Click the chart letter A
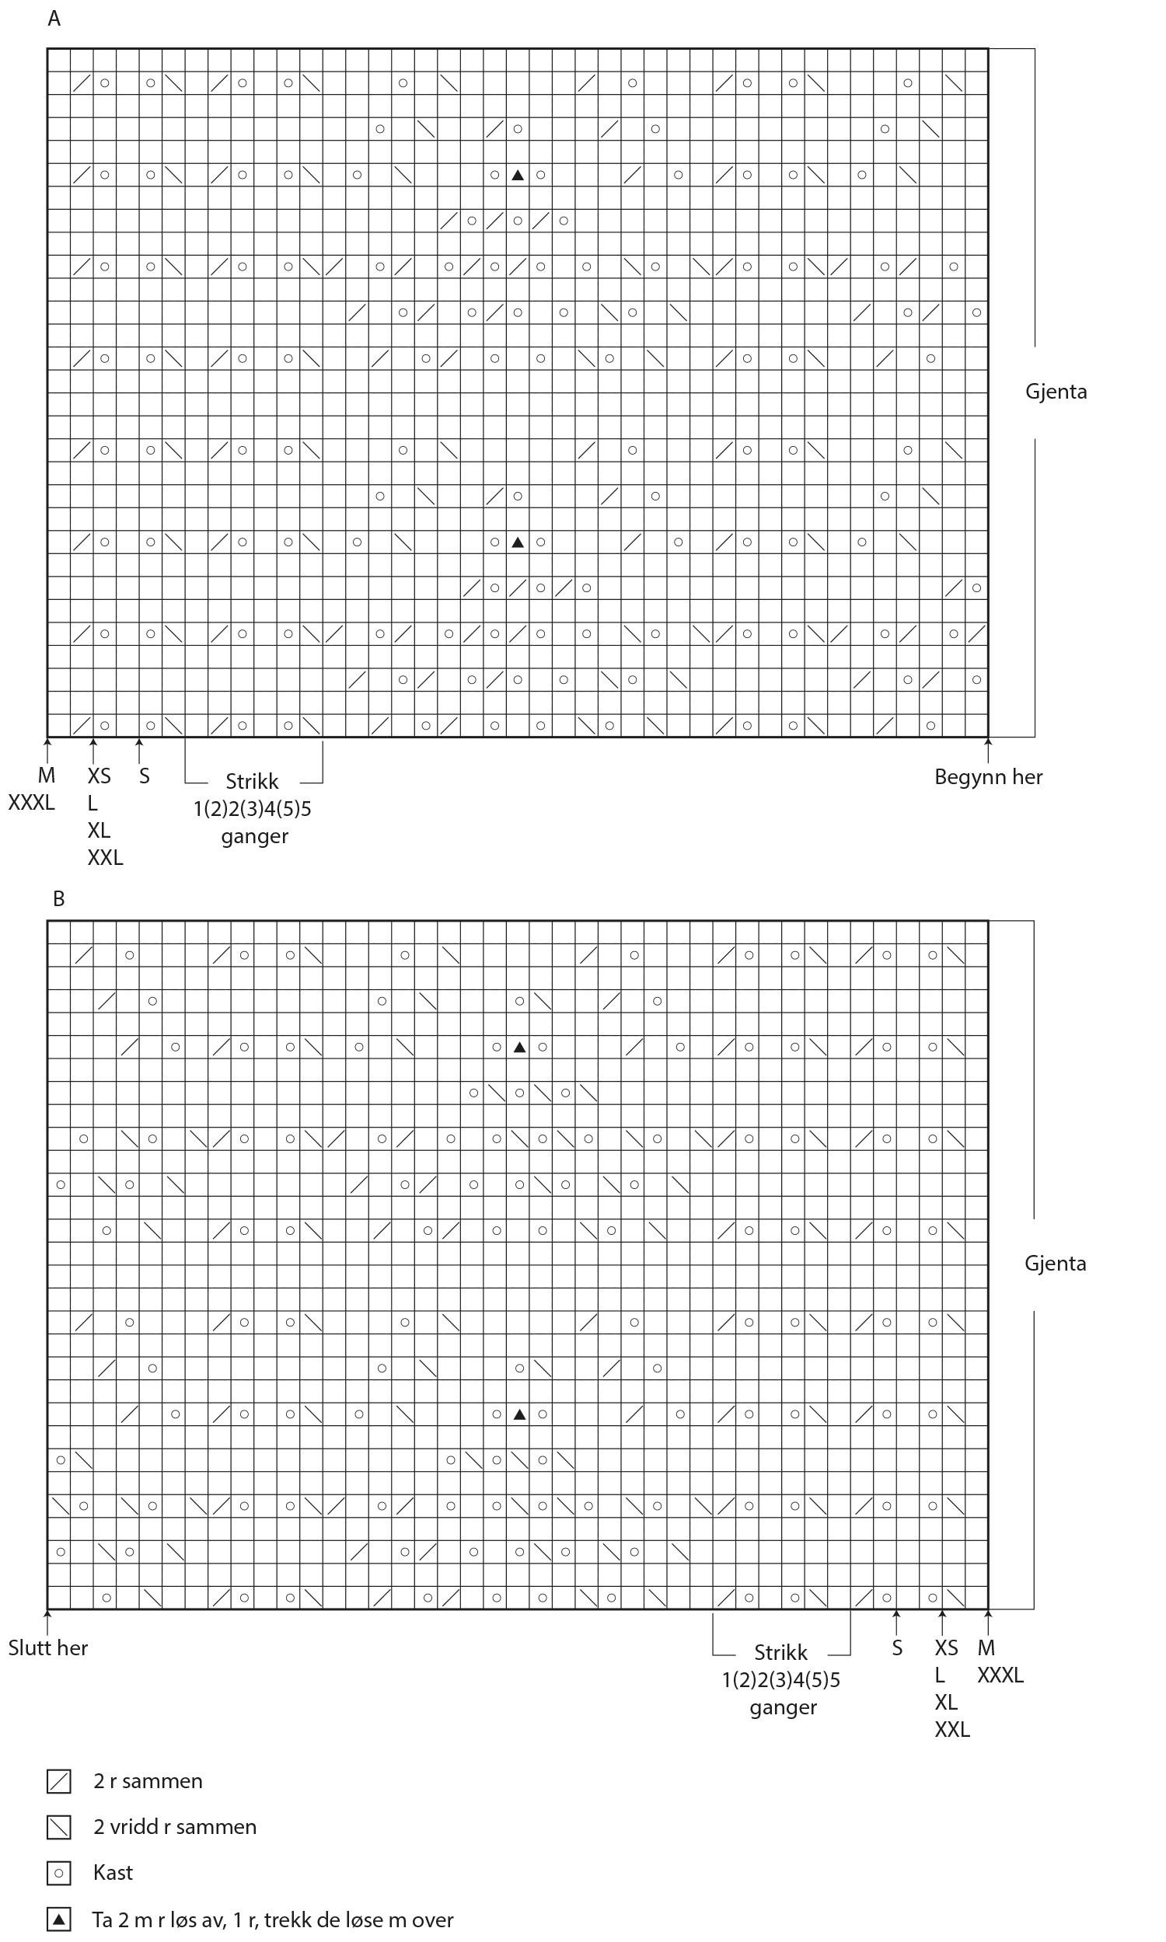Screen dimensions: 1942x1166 [54, 18]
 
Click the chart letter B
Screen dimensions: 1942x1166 [58, 898]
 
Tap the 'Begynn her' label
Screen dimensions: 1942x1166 [988, 776]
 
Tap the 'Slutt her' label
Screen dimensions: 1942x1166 [48, 1647]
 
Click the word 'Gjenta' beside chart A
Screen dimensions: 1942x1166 [1055, 391]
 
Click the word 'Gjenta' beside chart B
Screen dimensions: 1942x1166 [1054, 1263]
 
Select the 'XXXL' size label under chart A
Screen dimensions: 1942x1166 [31, 803]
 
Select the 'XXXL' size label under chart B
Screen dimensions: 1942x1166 [1000, 1675]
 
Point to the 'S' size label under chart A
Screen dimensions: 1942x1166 [144, 776]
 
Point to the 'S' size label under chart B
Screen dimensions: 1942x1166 [896, 1648]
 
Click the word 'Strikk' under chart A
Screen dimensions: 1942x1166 [251, 781]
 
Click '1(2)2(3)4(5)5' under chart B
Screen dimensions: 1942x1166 [780, 1679]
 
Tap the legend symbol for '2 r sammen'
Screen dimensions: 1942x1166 [59, 1782]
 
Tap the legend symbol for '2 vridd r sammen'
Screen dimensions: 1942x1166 [59, 1827]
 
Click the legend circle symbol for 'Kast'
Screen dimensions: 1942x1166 [59, 1873]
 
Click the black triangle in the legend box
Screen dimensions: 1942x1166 [59, 1919]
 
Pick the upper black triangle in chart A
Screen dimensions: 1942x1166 [517, 175]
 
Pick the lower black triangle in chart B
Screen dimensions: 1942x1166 [518, 1414]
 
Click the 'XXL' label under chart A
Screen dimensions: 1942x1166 [104, 857]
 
